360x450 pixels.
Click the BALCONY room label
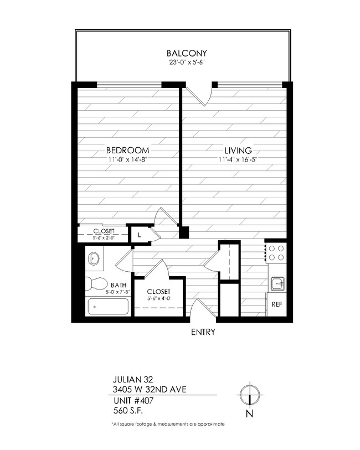point(187,53)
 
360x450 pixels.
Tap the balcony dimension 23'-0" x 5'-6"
point(187,63)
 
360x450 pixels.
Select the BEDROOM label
point(127,151)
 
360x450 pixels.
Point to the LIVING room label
point(238,151)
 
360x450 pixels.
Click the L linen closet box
point(139,235)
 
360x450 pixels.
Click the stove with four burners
point(276,253)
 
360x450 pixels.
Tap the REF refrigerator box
point(276,304)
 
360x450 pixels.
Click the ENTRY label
point(203,333)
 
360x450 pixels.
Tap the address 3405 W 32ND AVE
point(147,390)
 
